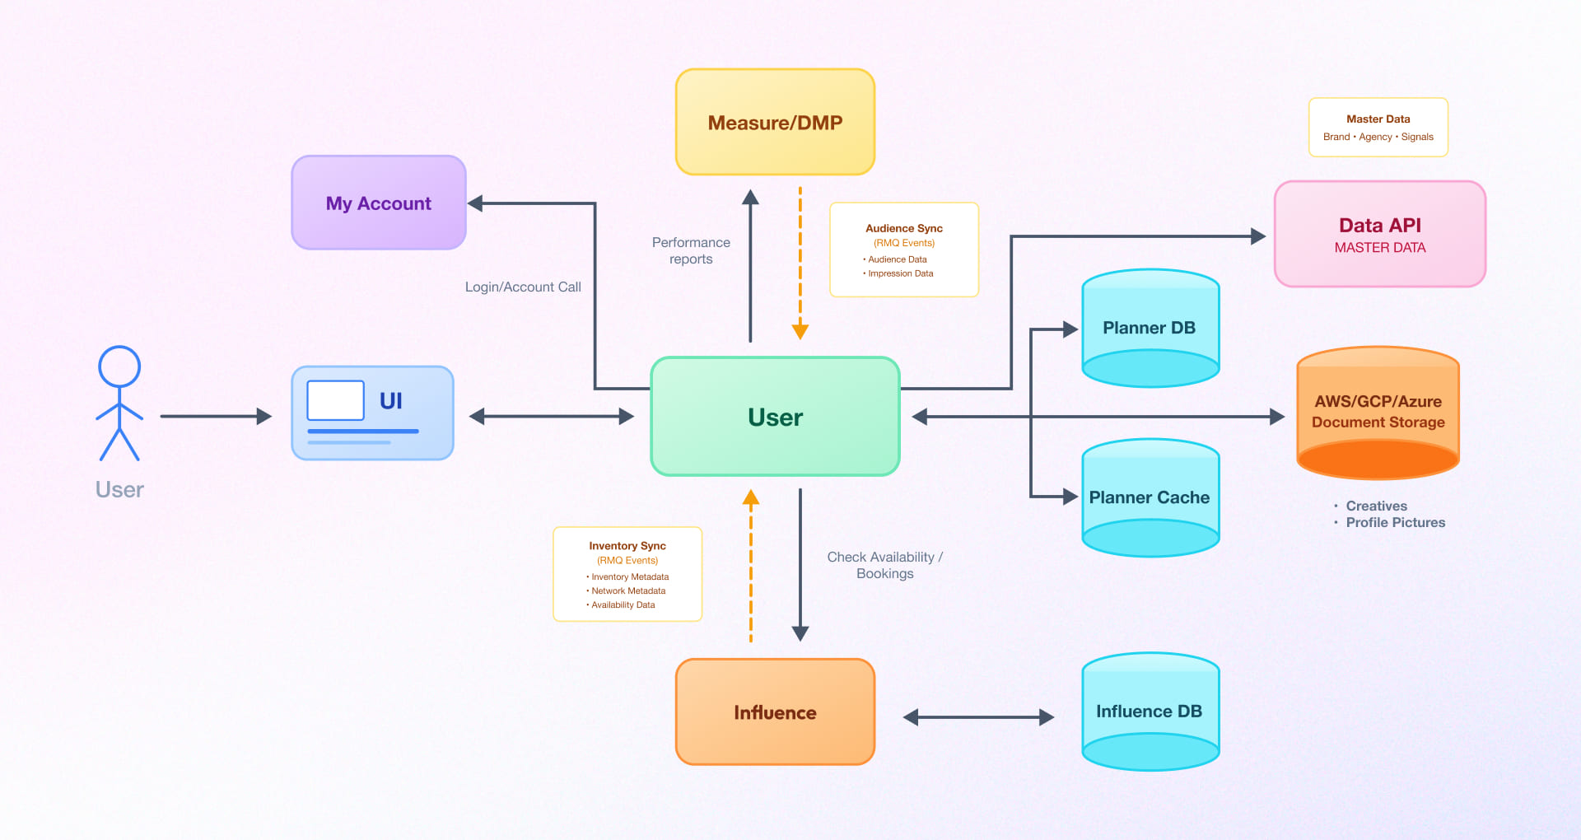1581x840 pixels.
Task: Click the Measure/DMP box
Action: point(775,122)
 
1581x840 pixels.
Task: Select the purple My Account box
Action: point(379,203)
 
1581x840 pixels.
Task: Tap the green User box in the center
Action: point(775,417)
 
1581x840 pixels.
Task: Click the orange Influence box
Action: point(775,712)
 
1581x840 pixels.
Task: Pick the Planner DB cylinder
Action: point(1150,328)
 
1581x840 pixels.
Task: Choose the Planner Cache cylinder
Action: point(1150,497)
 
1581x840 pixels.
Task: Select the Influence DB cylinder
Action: point(1150,712)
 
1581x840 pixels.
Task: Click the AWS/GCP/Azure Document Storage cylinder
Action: point(1378,412)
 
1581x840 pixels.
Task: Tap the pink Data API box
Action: point(1379,235)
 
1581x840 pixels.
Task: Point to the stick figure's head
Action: point(119,366)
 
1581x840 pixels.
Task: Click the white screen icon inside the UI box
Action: point(335,400)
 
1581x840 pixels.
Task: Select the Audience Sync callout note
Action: point(903,250)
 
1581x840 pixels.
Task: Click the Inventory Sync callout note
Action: point(627,574)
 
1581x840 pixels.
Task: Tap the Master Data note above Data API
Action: point(1378,128)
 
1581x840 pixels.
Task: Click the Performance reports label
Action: point(691,250)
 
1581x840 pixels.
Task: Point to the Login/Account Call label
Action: point(523,287)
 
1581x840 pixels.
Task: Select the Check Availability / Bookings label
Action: point(884,565)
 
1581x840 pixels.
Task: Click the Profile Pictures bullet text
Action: point(1395,522)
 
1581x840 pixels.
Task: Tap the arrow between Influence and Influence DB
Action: point(978,717)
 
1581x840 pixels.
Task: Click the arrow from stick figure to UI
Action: point(214,417)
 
